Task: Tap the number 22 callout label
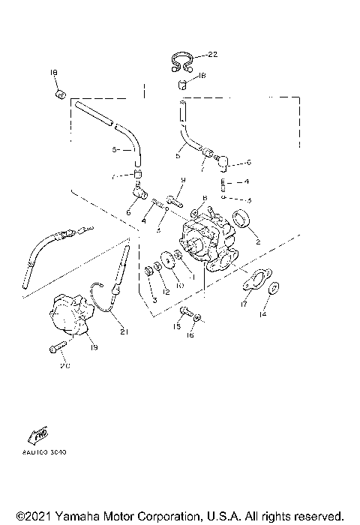[x=212, y=55]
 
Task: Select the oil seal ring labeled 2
[x=242, y=220]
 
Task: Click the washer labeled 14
[x=275, y=287]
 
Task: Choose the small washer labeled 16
[x=196, y=319]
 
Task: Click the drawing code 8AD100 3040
[x=44, y=452]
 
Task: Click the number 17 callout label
[x=244, y=304]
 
